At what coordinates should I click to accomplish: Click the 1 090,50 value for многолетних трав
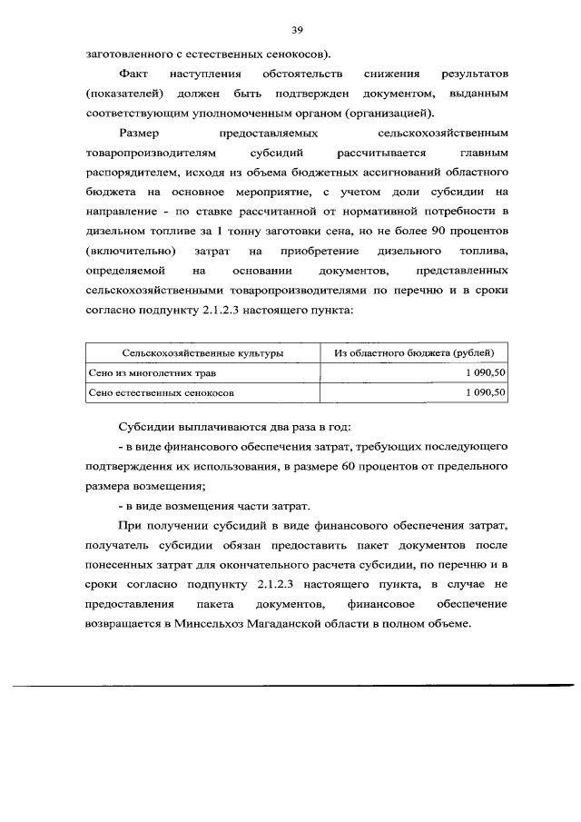coord(485,372)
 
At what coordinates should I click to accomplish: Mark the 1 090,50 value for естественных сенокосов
coord(485,393)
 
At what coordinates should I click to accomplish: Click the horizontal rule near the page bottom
coord(290,686)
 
